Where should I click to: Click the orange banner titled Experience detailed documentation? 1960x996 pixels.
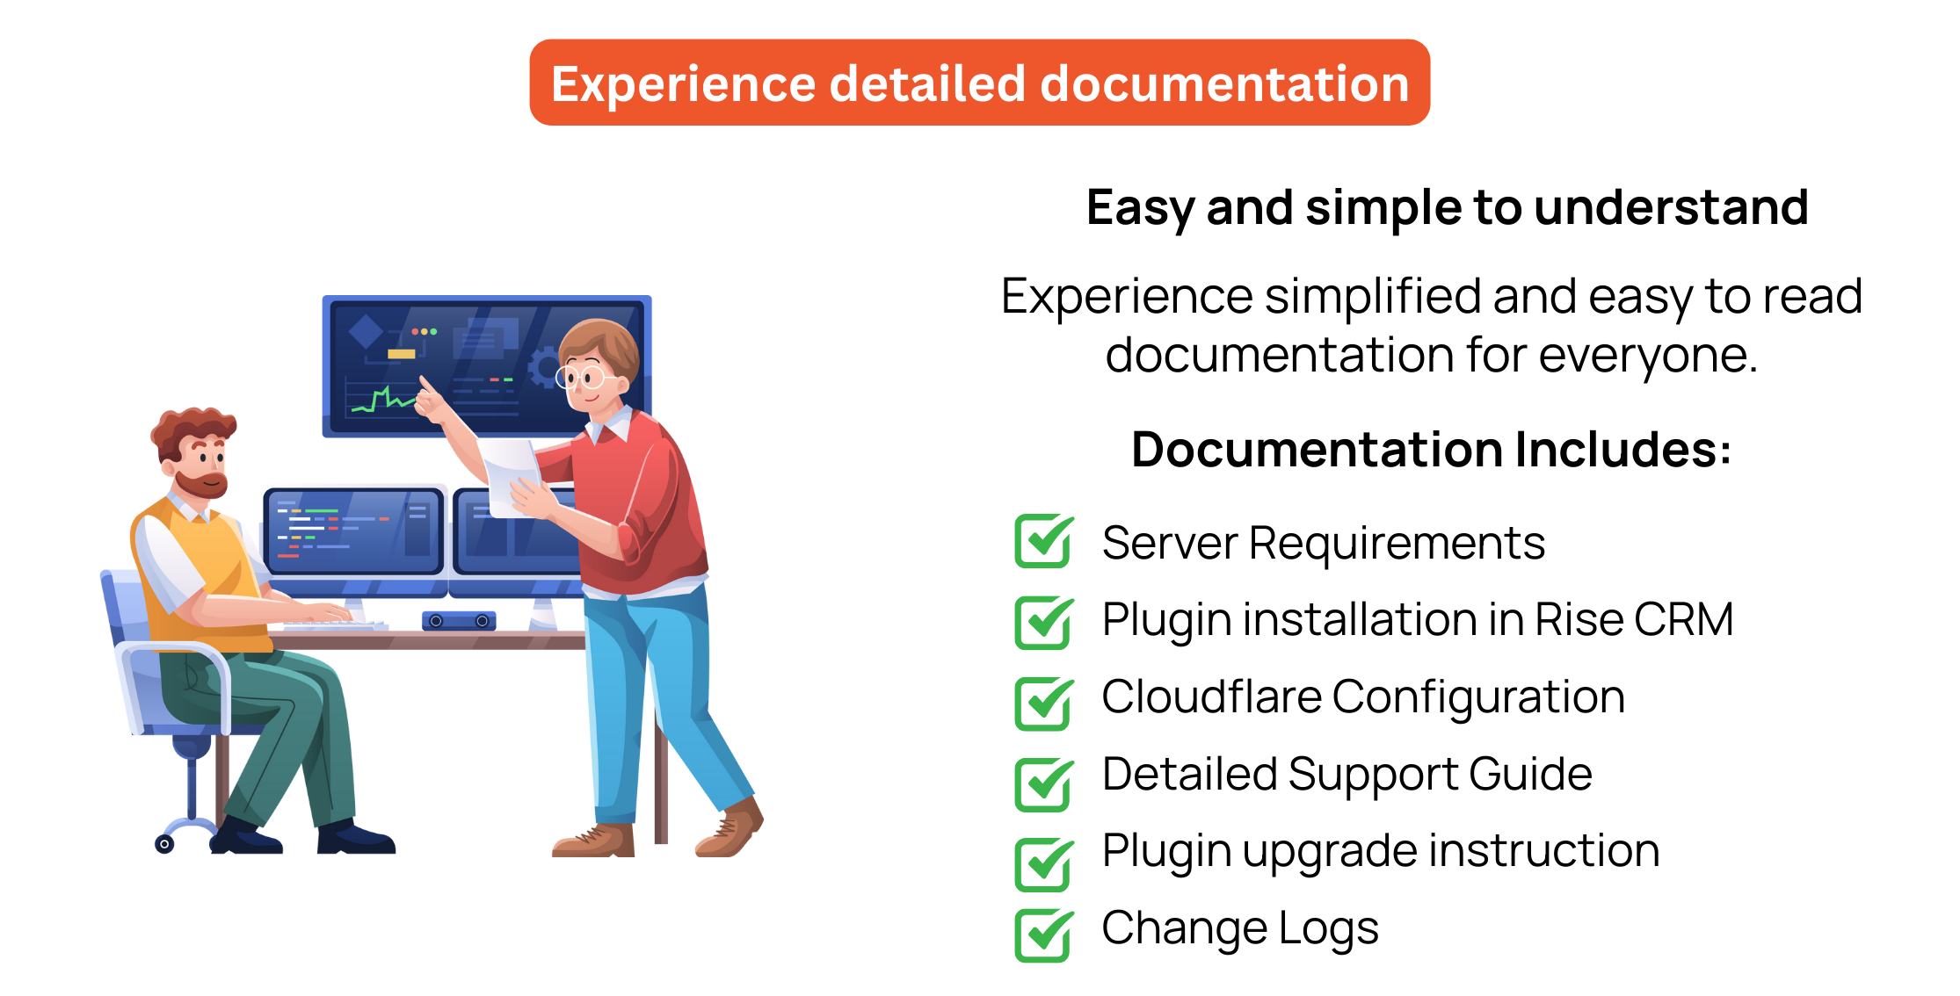(979, 83)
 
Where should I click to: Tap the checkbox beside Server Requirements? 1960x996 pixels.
(1043, 541)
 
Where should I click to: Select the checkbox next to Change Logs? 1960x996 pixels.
(1043, 935)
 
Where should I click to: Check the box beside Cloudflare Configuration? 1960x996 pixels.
(1043, 704)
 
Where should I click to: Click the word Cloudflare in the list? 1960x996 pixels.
(1211, 696)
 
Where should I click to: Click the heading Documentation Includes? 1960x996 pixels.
(1431, 450)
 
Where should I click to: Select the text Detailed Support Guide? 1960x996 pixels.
(1347, 775)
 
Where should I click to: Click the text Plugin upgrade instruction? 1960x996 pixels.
(1381, 852)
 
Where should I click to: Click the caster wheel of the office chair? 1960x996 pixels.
(164, 844)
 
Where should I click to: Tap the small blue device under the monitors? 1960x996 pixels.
(459, 621)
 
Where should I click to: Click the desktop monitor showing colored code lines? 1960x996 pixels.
(353, 532)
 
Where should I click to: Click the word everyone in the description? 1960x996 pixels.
(1648, 357)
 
